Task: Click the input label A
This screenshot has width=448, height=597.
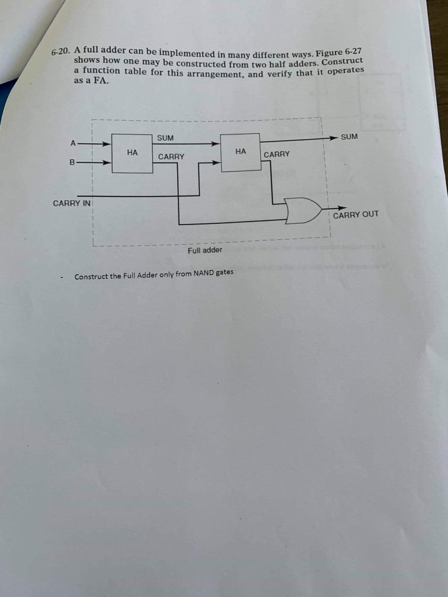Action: coord(73,143)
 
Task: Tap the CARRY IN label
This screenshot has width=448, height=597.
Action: coord(72,203)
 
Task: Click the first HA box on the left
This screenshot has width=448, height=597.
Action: coord(132,153)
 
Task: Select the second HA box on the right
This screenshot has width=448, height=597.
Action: coord(240,152)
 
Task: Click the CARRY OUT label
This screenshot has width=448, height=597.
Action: coord(355,214)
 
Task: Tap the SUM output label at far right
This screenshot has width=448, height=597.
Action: coord(350,137)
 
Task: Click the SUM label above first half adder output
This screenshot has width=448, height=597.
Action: coord(166,138)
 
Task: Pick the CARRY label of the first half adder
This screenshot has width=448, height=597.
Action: coord(171,157)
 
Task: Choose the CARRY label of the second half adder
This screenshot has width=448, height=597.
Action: coord(277,155)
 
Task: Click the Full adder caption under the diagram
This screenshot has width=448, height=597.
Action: coord(204,250)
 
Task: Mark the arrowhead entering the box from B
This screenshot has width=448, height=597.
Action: coord(107,162)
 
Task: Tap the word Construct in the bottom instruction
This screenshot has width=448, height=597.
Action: coord(90,277)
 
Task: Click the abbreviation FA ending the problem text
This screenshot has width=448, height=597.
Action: coord(101,81)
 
